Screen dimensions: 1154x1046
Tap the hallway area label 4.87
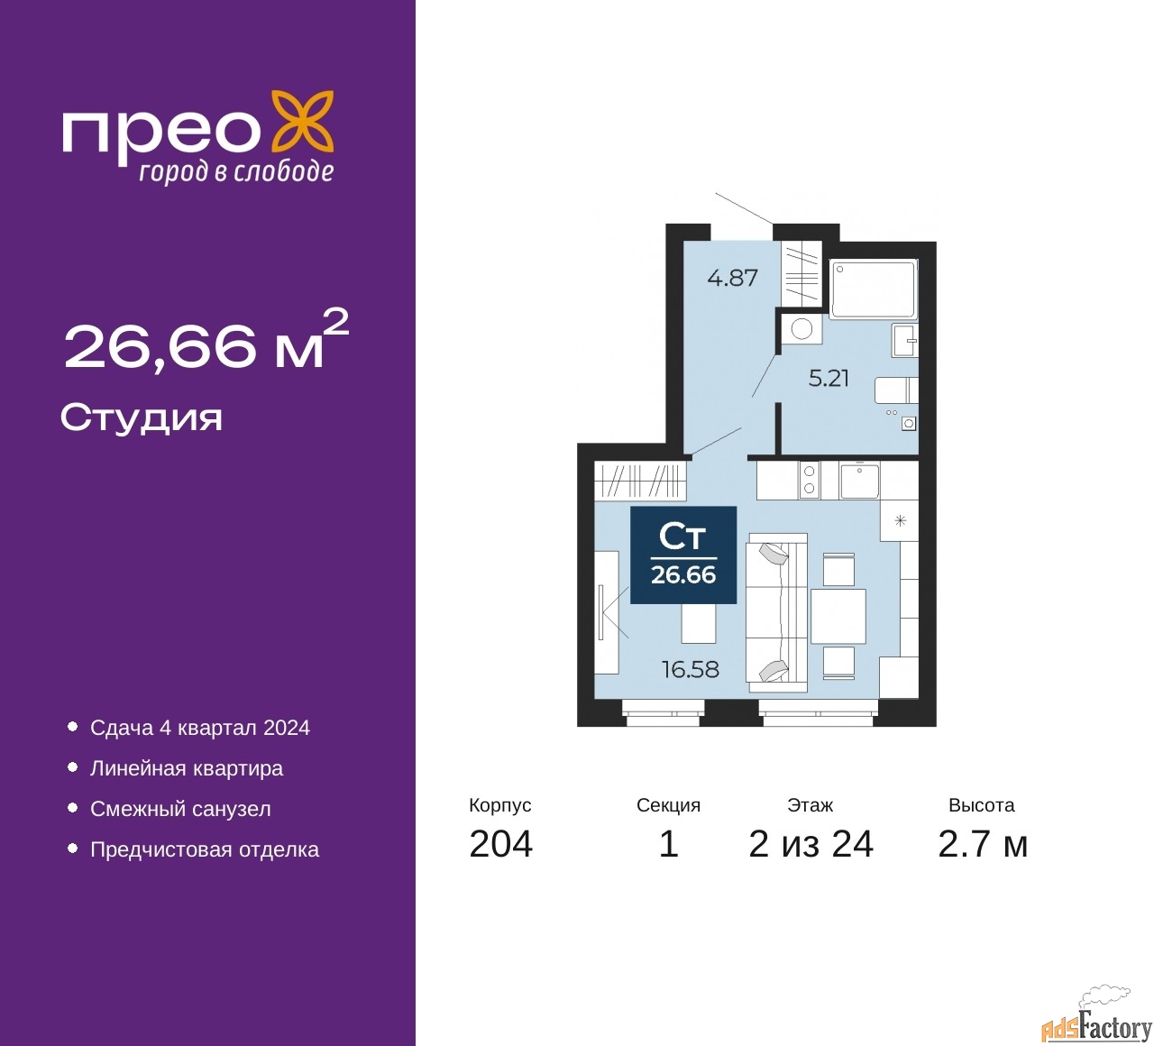pyautogui.click(x=732, y=279)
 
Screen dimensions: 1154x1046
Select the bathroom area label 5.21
pyautogui.click(x=828, y=379)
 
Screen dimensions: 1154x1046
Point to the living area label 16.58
pyautogui.click(x=690, y=669)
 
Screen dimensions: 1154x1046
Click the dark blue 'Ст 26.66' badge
pyautogui.click(x=682, y=555)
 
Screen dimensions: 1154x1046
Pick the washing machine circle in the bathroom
pyautogui.click(x=801, y=330)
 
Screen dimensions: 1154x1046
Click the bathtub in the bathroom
pyautogui.click(x=873, y=289)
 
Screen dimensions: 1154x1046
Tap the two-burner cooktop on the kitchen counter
pyautogui.click(x=809, y=480)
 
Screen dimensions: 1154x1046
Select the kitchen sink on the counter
pyautogui.click(x=859, y=481)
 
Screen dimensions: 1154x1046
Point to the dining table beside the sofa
pyautogui.click(x=838, y=616)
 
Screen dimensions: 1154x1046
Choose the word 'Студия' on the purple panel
pyautogui.click(x=142, y=419)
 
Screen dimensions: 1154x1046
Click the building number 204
pyautogui.click(x=500, y=845)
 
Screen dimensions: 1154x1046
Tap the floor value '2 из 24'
pyautogui.click(x=811, y=845)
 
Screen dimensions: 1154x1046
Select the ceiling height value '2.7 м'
pyautogui.click(x=982, y=845)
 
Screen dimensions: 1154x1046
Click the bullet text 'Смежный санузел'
pyautogui.click(x=180, y=809)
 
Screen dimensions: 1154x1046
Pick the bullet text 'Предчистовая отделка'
pyautogui.click(x=205, y=849)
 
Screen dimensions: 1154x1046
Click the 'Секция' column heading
pyautogui.click(x=668, y=805)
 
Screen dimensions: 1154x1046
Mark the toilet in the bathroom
pyautogui.click(x=895, y=390)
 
